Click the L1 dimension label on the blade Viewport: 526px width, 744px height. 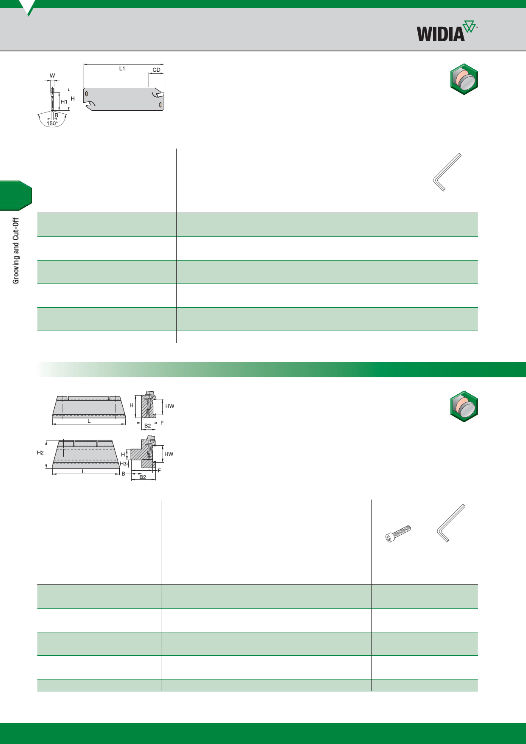coord(122,68)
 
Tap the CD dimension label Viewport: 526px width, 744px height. coord(157,70)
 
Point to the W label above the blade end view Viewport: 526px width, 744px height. coord(52,76)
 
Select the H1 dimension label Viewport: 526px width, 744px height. coord(64,102)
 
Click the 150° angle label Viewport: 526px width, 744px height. coord(52,124)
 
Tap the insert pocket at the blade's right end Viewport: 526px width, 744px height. coord(158,94)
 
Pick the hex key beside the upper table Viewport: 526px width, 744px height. coord(447,172)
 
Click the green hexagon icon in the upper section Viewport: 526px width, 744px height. coord(464,79)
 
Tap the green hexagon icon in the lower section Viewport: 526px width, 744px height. coord(464,407)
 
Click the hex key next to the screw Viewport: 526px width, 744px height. coord(451,523)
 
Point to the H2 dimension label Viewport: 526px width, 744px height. coord(40,452)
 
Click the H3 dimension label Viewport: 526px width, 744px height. coord(123,464)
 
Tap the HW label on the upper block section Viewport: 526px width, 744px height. coord(170,406)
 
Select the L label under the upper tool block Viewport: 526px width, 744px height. coord(89,421)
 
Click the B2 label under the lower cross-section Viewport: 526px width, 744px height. coord(143,477)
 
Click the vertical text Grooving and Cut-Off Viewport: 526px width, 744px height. coord(16,251)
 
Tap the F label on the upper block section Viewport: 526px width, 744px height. coord(162,423)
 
